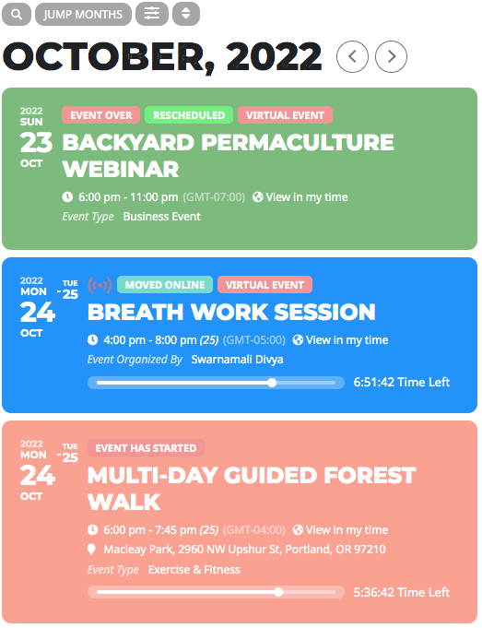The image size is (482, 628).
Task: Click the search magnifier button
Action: (x=17, y=15)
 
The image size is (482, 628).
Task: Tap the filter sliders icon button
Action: (x=152, y=14)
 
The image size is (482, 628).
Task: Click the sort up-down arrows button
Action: (x=186, y=14)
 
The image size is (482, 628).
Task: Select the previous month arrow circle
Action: (x=352, y=56)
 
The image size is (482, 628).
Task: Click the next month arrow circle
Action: (x=391, y=56)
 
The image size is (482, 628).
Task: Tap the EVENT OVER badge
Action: (x=100, y=115)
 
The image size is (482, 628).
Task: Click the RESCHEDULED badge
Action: (x=189, y=115)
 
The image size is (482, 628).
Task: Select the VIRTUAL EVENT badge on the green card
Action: (x=285, y=115)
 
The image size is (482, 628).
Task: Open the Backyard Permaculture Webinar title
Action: (x=229, y=156)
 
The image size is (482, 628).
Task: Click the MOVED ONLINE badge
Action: (x=165, y=285)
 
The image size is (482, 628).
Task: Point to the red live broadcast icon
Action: (x=100, y=285)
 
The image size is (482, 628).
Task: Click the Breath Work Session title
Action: (x=231, y=312)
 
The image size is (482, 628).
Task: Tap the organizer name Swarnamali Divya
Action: (x=237, y=360)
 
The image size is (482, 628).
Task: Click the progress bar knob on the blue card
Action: (x=272, y=383)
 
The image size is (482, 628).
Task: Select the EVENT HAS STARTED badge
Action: (x=146, y=448)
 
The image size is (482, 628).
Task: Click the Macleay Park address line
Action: (x=244, y=549)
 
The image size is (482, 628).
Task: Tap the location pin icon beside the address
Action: (x=91, y=549)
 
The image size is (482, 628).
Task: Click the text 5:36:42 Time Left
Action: (x=402, y=592)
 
